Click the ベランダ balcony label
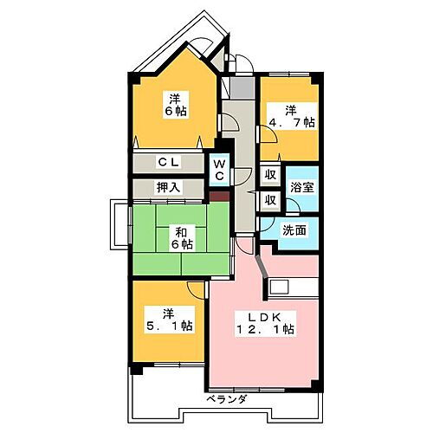coord(228,399)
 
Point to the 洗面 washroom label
coord(295,230)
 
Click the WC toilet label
coord(220,169)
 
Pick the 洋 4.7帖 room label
coord(291,116)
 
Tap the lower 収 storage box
coord(270,200)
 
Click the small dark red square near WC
coord(222,196)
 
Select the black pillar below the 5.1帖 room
coord(134,370)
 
